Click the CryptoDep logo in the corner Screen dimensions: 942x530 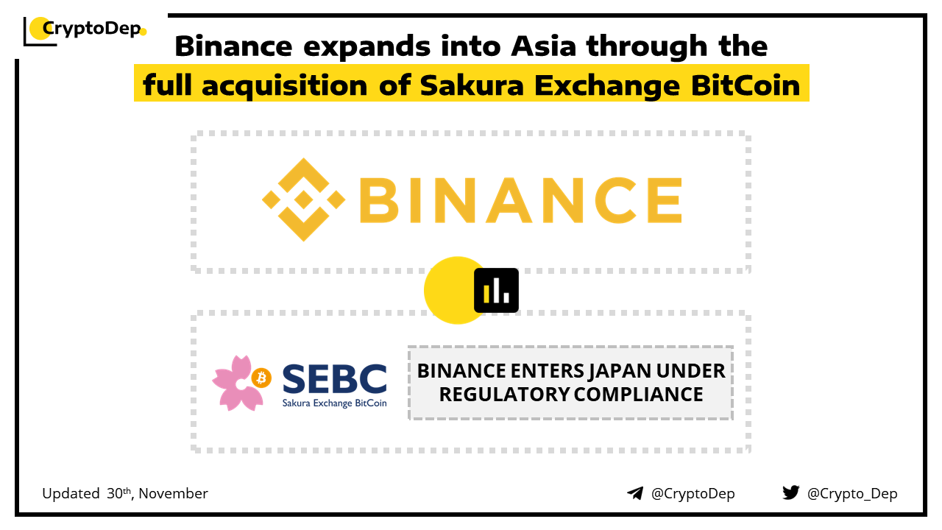[85, 30]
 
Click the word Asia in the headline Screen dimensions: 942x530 [543, 46]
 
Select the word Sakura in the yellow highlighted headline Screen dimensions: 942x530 [472, 85]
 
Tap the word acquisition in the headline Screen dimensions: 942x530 [285, 86]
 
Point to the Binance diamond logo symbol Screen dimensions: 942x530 [304, 199]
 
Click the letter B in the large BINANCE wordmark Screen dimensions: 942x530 [378, 199]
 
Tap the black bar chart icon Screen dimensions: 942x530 [496, 290]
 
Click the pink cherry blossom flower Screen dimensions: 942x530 [239, 383]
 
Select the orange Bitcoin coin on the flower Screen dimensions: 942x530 [261, 378]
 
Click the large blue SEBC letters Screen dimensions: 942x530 [334, 378]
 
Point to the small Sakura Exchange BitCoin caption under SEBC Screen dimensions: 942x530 [334, 403]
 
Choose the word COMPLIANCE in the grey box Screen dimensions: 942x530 [638, 395]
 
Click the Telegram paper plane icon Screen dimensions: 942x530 [635, 493]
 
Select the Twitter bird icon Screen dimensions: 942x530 [791, 492]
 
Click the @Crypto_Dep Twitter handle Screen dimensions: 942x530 [852, 493]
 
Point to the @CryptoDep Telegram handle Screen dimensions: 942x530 [693, 493]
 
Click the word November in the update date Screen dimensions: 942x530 [173, 493]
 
